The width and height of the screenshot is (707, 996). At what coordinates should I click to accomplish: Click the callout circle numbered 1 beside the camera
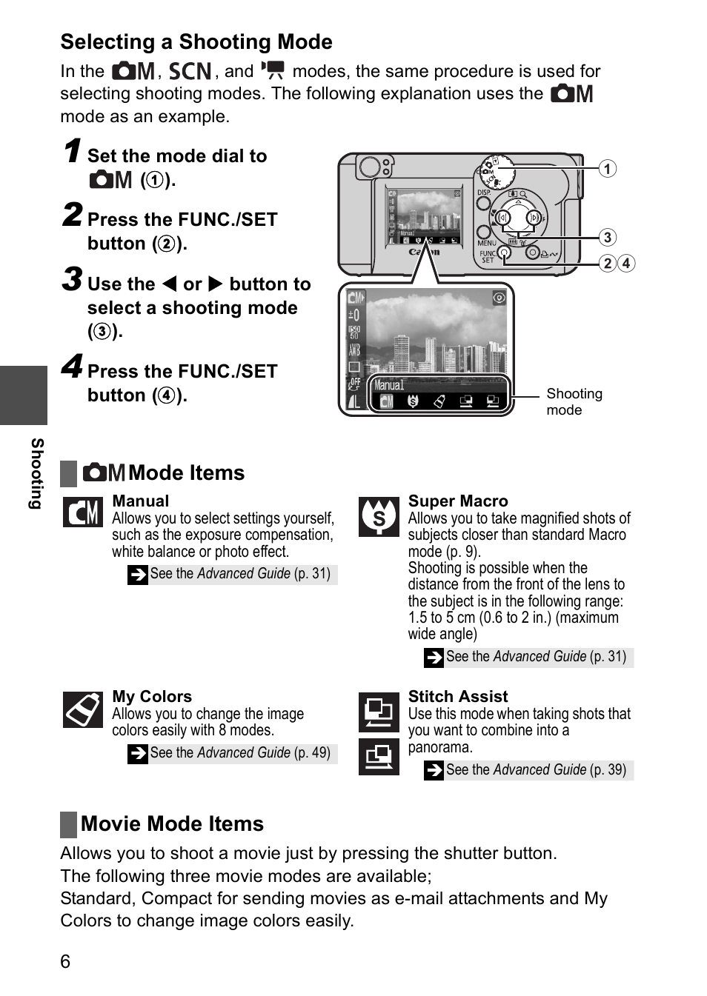click(x=607, y=169)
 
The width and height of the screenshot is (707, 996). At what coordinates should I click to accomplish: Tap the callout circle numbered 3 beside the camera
click(x=607, y=237)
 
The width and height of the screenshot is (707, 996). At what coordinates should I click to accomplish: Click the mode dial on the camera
click(x=495, y=172)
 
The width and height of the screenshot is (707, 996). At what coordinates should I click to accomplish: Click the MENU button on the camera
click(x=484, y=233)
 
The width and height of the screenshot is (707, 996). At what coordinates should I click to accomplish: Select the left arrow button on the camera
click(x=503, y=218)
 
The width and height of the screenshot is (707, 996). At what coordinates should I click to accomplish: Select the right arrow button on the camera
click(x=534, y=218)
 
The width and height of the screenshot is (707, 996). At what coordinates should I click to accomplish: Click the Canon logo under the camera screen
click(x=424, y=252)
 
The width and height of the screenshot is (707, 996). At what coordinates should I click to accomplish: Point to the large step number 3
click(x=72, y=280)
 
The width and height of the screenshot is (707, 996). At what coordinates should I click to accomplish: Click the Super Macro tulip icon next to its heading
click(x=379, y=516)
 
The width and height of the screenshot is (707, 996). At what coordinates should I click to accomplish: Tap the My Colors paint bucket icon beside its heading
click(x=82, y=710)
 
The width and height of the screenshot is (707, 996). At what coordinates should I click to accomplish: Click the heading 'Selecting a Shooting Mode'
click(x=196, y=42)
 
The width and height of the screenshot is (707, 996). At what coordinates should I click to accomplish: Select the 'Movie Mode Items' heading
click(x=172, y=823)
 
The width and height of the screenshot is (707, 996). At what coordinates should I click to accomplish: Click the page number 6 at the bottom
click(x=65, y=961)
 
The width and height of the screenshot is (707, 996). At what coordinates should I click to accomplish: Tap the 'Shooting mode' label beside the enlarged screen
click(x=574, y=401)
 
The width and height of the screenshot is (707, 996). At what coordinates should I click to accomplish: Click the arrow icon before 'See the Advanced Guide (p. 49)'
click(x=138, y=753)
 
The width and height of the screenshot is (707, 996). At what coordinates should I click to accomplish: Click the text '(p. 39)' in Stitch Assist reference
click(x=608, y=769)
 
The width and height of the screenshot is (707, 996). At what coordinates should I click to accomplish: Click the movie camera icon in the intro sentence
click(x=273, y=70)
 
